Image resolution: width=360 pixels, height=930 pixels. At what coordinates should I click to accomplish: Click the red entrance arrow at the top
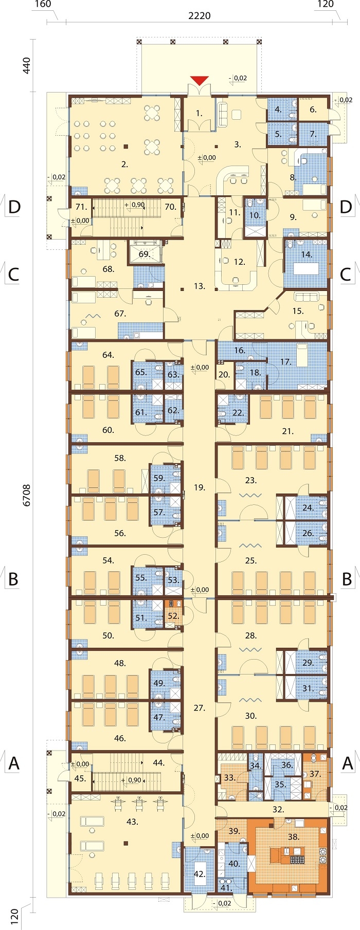(200, 80)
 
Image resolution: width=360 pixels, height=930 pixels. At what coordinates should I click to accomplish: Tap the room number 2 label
(124, 165)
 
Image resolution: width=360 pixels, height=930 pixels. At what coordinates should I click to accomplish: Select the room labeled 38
(293, 836)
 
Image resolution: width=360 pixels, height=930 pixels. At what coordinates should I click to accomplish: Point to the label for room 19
(200, 487)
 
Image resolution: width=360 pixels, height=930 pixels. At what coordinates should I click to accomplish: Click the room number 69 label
(144, 254)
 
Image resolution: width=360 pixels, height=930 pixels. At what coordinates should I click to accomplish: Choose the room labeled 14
(307, 254)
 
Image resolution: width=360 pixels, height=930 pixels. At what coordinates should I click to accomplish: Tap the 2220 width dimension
(199, 16)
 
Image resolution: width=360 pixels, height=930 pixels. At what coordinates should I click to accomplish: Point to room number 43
(132, 822)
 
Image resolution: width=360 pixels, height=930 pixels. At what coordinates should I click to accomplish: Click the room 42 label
(200, 874)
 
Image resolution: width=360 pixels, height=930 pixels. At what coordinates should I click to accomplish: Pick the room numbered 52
(173, 615)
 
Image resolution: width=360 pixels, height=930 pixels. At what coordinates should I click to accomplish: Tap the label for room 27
(200, 708)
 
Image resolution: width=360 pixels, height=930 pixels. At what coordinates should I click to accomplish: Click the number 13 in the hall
(200, 286)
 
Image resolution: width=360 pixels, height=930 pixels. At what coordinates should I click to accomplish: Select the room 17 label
(286, 362)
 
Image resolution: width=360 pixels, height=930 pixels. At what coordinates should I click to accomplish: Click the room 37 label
(315, 774)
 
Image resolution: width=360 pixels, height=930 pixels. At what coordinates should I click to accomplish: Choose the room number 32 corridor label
(278, 809)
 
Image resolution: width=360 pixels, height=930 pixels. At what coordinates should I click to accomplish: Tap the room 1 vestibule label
(199, 113)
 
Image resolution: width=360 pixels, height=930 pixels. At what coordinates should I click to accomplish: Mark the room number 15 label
(298, 311)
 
